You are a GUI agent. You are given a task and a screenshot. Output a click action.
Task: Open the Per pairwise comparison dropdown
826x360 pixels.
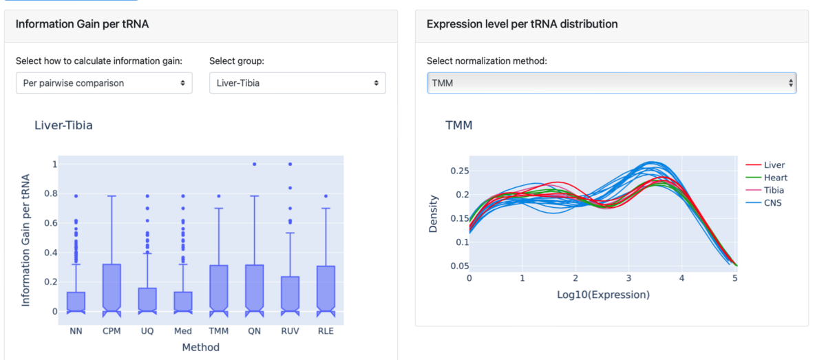click(x=103, y=83)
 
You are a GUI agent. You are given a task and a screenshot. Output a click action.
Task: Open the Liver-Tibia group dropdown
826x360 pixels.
click(x=297, y=83)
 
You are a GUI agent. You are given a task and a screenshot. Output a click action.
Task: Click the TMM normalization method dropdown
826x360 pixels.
click(x=611, y=83)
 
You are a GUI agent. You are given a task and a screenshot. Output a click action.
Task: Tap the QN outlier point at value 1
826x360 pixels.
click(x=255, y=164)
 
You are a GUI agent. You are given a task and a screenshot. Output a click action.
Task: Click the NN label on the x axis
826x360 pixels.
click(x=76, y=331)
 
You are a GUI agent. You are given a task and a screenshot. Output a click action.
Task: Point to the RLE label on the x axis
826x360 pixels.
click(x=326, y=331)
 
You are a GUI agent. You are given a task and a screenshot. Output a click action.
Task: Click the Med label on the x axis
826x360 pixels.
click(x=183, y=331)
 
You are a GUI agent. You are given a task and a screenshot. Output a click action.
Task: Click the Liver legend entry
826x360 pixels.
click(x=774, y=165)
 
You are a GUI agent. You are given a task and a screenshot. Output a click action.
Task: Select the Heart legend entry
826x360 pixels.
click(x=775, y=178)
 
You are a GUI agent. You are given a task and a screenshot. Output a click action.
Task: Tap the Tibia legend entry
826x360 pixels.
click(x=774, y=190)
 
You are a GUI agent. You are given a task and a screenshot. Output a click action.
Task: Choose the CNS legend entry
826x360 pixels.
click(x=773, y=202)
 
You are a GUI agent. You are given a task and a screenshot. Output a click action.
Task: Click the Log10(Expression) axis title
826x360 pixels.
click(x=603, y=294)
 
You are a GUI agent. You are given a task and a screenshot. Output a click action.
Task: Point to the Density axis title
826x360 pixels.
click(x=434, y=213)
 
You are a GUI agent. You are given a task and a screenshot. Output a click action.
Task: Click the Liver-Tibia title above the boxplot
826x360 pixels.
click(x=63, y=125)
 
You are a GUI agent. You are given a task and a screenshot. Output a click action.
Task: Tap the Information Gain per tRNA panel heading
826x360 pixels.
click(x=82, y=24)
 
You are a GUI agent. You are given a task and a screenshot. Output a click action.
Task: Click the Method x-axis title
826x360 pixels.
click(x=200, y=348)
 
